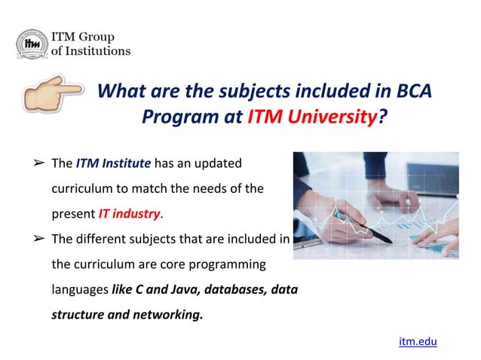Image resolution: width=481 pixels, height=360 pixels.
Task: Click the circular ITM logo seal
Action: (x=32, y=44)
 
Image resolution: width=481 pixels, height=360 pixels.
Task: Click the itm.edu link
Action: (x=418, y=341)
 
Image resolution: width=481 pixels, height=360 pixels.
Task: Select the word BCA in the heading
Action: (x=413, y=92)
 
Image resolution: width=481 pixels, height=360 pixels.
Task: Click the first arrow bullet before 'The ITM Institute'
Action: (x=38, y=163)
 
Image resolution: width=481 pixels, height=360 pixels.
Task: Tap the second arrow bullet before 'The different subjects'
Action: (x=38, y=239)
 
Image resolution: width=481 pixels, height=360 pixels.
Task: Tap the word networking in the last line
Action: (x=166, y=315)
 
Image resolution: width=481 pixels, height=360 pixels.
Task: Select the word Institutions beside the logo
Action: (x=98, y=51)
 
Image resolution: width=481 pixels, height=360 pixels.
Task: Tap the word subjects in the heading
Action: (x=229, y=92)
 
